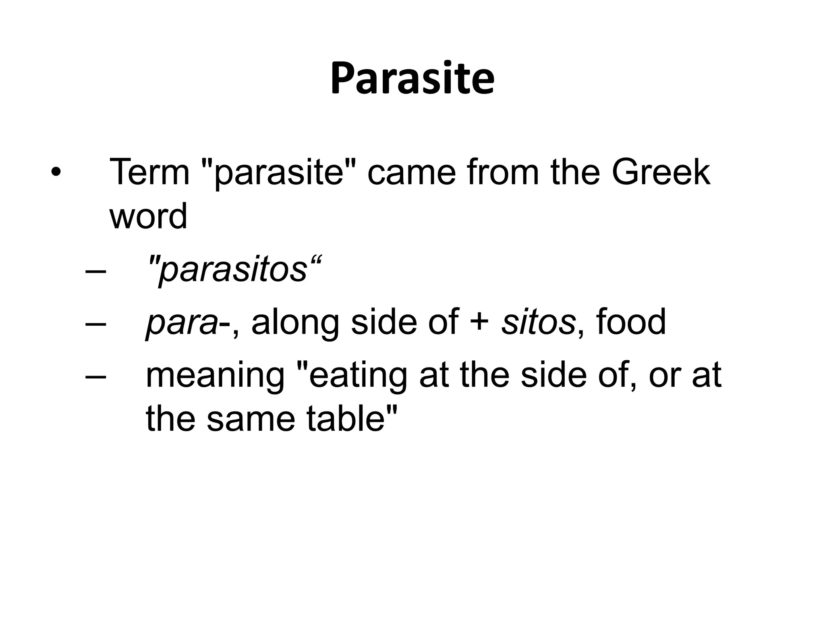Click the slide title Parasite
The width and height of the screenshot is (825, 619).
point(412,79)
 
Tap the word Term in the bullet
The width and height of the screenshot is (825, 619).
point(149,172)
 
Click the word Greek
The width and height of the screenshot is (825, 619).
point(661,172)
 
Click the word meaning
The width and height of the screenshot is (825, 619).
point(216,376)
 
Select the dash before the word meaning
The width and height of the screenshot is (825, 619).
point(96,376)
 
